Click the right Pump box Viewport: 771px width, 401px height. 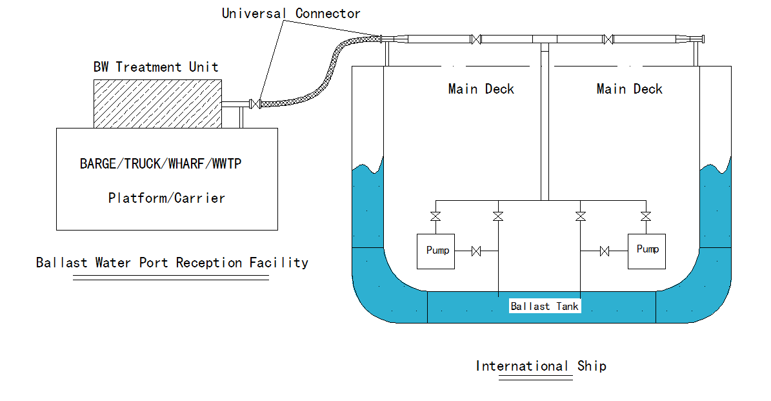(646, 251)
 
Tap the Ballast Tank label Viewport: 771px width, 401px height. (545, 306)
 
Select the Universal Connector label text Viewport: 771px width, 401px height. (291, 13)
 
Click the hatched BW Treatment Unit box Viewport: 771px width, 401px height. (157, 103)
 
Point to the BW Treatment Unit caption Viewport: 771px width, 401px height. (155, 67)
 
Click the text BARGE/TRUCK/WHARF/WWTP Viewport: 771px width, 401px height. (161, 163)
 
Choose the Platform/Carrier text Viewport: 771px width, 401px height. (166, 198)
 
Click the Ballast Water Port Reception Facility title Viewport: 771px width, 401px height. (172, 262)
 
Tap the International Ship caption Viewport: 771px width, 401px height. (541, 366)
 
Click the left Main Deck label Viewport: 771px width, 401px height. (481, 88)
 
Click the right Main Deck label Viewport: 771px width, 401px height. (629, 88)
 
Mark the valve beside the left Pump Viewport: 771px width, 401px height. (477, 251)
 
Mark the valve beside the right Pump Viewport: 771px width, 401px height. (605, 251)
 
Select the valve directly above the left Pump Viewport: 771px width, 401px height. (436, 216)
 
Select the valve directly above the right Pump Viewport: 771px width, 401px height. (645, 216)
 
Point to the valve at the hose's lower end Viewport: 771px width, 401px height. (256, 103)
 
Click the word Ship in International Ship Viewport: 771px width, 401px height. (592, 366)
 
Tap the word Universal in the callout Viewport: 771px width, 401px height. (255, 13)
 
